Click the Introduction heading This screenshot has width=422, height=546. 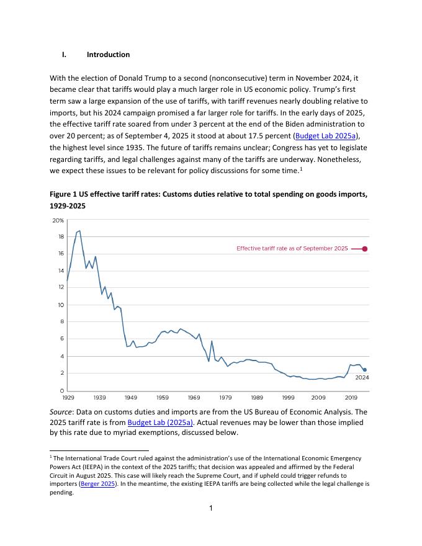[108, 55]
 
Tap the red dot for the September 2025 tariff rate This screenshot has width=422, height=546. [365, 249]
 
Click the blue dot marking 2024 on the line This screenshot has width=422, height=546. [364, 370]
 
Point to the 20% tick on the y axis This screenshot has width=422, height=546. [57, 220]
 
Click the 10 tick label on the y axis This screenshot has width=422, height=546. [60, 305]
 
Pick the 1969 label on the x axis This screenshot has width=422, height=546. [194, 396]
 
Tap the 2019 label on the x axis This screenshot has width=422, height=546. [351, 396]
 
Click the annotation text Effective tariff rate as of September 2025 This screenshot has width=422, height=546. [292, 249]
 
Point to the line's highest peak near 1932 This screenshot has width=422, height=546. [79, 231]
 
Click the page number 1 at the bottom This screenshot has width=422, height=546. [211, 509]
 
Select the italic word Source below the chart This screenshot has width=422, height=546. [61, 411]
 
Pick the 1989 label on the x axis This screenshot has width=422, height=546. [256, 396]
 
